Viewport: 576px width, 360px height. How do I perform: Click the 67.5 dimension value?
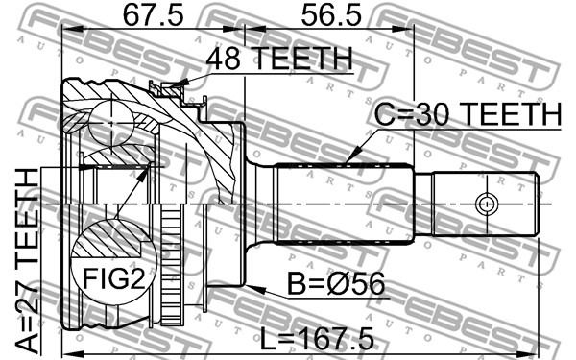(x=153, y=15)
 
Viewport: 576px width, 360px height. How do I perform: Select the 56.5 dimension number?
(x=331, y=15)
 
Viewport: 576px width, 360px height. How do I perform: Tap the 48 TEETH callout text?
(x=279, y=58)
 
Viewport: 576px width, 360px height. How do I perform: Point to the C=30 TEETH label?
(x=468, y=114)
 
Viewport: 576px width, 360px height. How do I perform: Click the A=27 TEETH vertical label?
(x=28, y=261)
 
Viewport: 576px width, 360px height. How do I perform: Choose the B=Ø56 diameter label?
(x=336, y=283)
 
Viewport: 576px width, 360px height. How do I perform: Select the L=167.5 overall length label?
(x=317, y=339)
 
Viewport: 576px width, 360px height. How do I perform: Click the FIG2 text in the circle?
(x=114, y=278)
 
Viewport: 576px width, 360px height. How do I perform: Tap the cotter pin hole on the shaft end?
(x=487, y=204)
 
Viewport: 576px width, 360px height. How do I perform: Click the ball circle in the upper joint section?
(x=111, y=124)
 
